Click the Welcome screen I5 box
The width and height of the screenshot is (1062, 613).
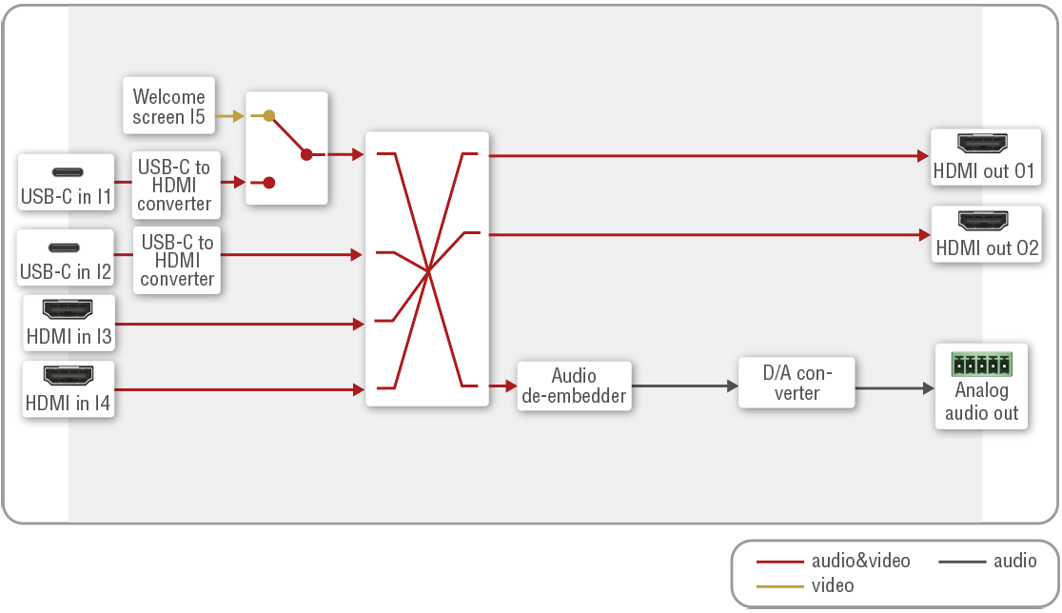point(169,107)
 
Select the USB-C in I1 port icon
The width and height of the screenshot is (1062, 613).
point(67,172)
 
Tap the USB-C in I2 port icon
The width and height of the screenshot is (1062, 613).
point(67,247)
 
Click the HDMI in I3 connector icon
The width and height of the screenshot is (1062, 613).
point(68,309)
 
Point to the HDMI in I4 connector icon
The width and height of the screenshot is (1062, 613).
point(68,375)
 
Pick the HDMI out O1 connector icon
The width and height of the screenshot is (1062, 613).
point(983,145)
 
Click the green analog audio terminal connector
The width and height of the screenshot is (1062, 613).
point(982,365)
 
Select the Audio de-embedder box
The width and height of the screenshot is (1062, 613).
point(574,386)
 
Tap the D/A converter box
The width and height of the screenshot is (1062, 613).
point(796,383)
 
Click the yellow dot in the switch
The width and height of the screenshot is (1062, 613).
point(269,116)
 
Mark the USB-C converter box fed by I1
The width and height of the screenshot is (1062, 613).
point(175,185)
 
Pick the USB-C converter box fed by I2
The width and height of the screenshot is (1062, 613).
point(177,260)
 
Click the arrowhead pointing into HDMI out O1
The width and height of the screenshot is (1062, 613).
point(922,155)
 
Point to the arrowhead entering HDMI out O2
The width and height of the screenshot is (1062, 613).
point(922,234)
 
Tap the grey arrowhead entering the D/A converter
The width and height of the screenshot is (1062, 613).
point(732,386)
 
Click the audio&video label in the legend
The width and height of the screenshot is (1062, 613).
point(860,561)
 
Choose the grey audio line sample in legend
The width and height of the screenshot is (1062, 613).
point(960,561)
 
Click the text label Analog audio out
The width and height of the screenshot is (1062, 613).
point(982,402)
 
